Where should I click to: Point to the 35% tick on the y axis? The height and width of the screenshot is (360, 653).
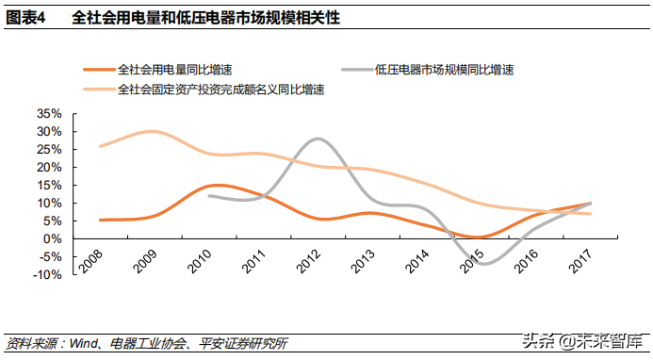click(48, 113)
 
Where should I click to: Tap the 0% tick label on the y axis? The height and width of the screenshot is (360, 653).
click(54, 238)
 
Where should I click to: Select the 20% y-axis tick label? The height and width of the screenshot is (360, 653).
click(48, 167)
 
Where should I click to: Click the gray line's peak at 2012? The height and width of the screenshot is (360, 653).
click(318, 139)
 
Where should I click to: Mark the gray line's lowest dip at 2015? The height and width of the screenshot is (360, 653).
click(483, 264)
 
